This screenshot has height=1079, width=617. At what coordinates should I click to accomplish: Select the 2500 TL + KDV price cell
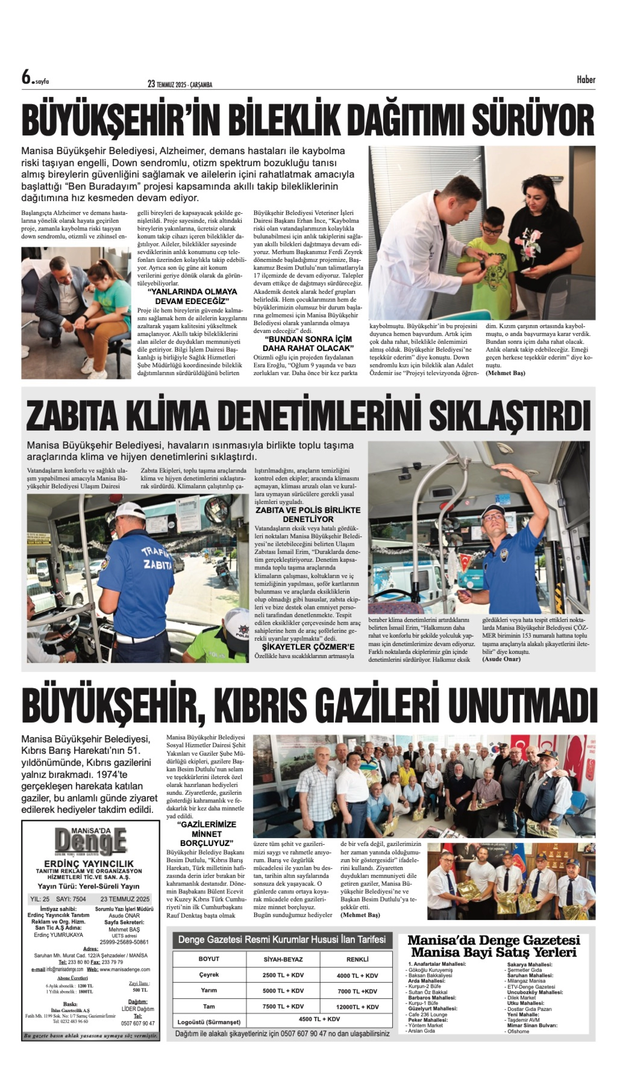pyautogui.click(x=283, y=975)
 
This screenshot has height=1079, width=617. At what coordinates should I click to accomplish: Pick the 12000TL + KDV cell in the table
pyautogui.click(x=357, y=1007)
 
